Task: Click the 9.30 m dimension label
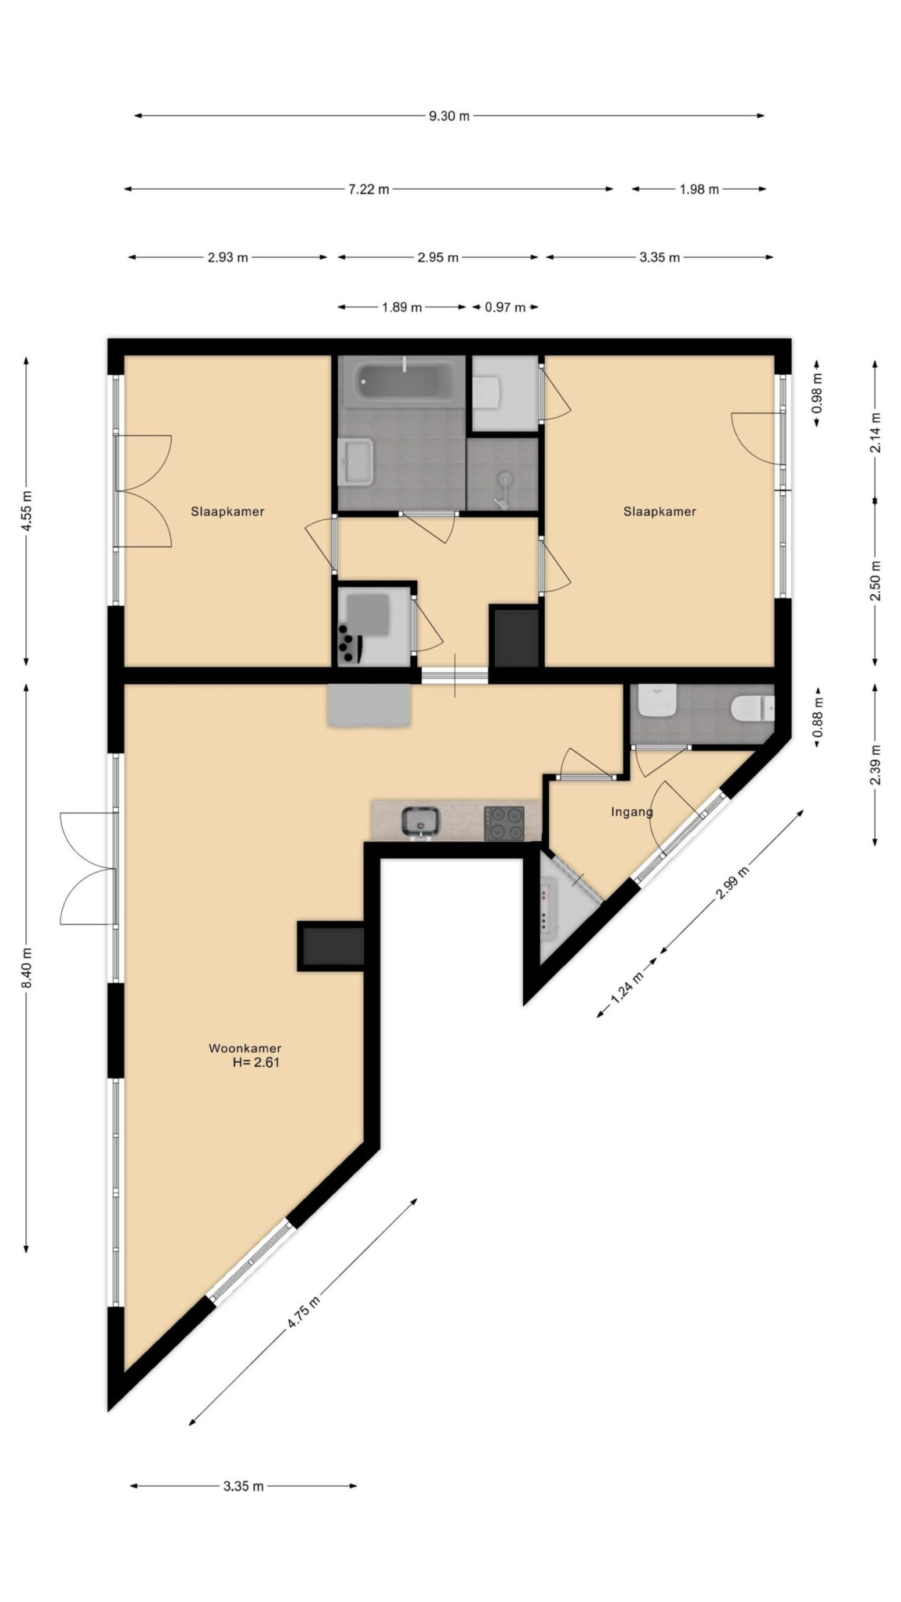click(449, 116)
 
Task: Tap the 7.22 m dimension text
click(369, 189)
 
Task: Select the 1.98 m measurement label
click(699, 189)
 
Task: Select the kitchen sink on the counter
click(421, 821)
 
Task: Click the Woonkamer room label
click(245, 1048)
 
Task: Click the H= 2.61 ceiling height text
click(256, 1062)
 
